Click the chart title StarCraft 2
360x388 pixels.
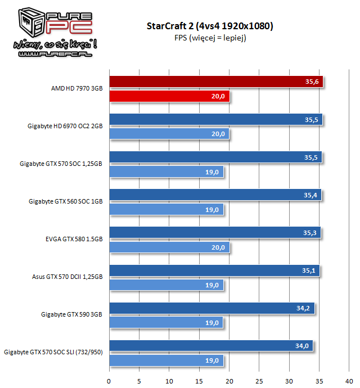coord(209,26)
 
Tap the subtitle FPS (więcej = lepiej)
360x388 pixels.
coord(209,38)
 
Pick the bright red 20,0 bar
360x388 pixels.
coord(169,96)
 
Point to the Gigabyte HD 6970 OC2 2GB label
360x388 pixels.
coord(65,126)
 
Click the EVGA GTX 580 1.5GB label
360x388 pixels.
coord(74,239)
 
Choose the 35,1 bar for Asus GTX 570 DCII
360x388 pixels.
coord(214,270)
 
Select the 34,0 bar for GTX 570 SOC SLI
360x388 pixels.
coord(211,345)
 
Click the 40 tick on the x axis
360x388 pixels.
coord(349,378)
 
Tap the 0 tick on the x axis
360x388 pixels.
coord(109,378)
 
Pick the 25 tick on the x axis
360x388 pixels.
coord(259,378)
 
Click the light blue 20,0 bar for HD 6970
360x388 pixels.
coord(169,134)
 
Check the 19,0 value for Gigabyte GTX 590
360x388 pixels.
coord(213,322)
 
